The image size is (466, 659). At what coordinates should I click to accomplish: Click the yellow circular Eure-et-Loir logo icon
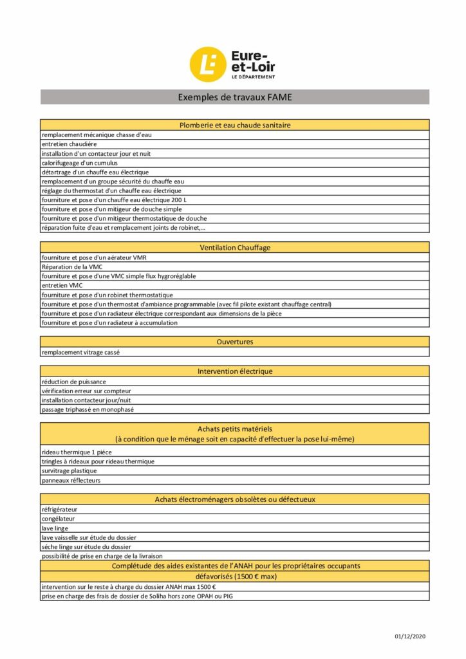[x=207, y=64]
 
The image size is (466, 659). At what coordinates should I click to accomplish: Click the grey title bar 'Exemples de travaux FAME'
[x=234, y=97]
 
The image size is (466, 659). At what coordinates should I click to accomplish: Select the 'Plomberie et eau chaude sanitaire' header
[x=234, y=125]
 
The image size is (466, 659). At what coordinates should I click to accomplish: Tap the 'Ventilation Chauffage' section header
[x=234, y=247]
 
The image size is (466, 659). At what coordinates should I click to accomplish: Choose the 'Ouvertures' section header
[x=234, y=342]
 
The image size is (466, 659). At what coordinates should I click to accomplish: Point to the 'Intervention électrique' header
[x=234, y=371]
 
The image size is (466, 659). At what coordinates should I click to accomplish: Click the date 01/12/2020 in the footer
[x=410, y=636]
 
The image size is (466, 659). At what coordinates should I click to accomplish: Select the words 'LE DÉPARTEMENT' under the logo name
[x=253, y=77]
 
